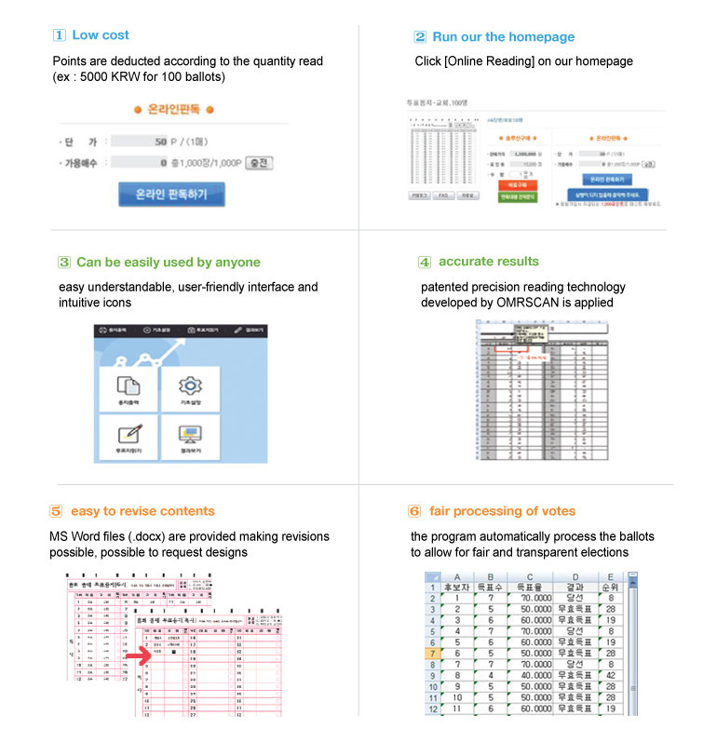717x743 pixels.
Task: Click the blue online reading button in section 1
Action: (x=171, y=195)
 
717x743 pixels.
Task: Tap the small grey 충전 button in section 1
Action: (x=259, y=163)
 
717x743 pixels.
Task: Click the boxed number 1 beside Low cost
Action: (x=59, y=35)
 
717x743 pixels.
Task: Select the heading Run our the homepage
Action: (x=503, y=37)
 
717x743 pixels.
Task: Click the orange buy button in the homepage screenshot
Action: (x=516, y=185)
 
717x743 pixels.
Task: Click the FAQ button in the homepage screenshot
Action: (x=443, y=196)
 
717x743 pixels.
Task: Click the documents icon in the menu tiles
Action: (x=128, y=384)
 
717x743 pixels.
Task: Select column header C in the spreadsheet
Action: (x=529, y=577)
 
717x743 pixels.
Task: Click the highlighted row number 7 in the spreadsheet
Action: (x=434, y=655)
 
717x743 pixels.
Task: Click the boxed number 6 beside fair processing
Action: (x=414, y=511)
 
